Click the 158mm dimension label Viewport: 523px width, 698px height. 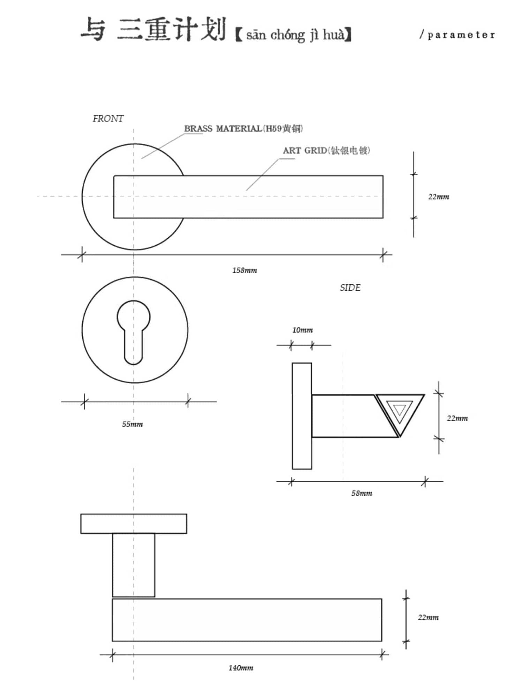245,270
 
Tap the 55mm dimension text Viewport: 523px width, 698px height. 132,424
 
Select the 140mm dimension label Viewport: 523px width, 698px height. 241,668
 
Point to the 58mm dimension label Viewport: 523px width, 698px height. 362,493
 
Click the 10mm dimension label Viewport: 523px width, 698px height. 302,330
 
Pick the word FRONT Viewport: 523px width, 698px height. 108,119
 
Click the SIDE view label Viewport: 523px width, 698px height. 350,288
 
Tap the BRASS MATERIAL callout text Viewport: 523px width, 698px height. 243,129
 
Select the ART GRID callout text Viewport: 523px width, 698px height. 326,150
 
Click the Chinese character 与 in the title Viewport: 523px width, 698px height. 93,29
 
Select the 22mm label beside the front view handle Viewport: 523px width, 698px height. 439,197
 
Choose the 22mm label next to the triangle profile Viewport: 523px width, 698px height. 457,418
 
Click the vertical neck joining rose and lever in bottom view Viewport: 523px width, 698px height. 134,565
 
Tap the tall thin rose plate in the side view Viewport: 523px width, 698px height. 302,416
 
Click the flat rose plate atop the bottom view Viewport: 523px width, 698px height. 134,523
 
